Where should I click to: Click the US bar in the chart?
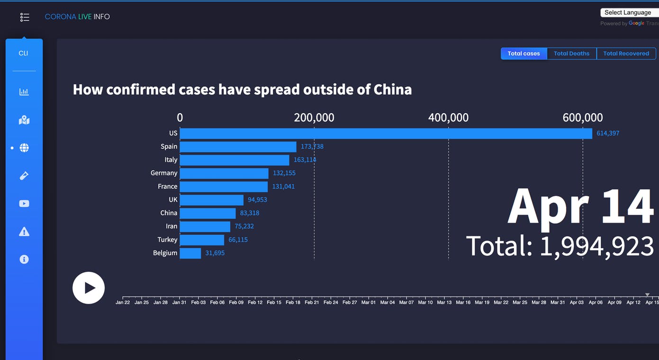click(386, 133)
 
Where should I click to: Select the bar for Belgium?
click(190, 253)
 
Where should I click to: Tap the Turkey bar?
click(202, 240)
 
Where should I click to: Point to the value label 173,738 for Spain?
click(312, 146)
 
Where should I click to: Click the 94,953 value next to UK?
click(257, 200)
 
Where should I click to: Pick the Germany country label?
click(164, 173)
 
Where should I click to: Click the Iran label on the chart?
click(172, 226)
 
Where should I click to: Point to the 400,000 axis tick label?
click(448, 117)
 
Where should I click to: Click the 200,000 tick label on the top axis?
click(314, 117)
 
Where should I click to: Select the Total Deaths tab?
click(572, 54)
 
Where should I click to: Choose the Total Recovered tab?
click(626, 54)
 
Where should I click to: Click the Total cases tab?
click(524, 54)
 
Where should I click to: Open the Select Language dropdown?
click(629, 13)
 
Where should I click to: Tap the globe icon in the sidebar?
click(24, 148)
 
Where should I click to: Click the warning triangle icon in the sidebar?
click(24, 232)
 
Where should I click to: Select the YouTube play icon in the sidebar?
click(24, 204)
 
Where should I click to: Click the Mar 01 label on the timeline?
click(368, 302)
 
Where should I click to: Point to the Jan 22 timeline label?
click(123, 302)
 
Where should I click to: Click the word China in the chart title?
click(392, 90)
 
